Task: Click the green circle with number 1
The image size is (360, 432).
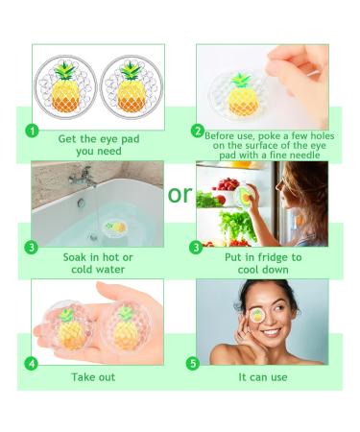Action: pos(33,131)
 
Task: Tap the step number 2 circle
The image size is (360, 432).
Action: pos(198,131)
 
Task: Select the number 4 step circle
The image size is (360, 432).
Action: pos(33,364)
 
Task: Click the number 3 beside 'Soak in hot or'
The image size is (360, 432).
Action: pos(33,247)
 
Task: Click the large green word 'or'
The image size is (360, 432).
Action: pos(180,195)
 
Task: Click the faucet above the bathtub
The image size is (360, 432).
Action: pos(83,179)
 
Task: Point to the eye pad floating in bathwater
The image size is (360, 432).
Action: pos(116,227)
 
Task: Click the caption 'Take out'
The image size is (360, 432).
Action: pos(94,376)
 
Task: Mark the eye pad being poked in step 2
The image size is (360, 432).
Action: pos(239,92)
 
